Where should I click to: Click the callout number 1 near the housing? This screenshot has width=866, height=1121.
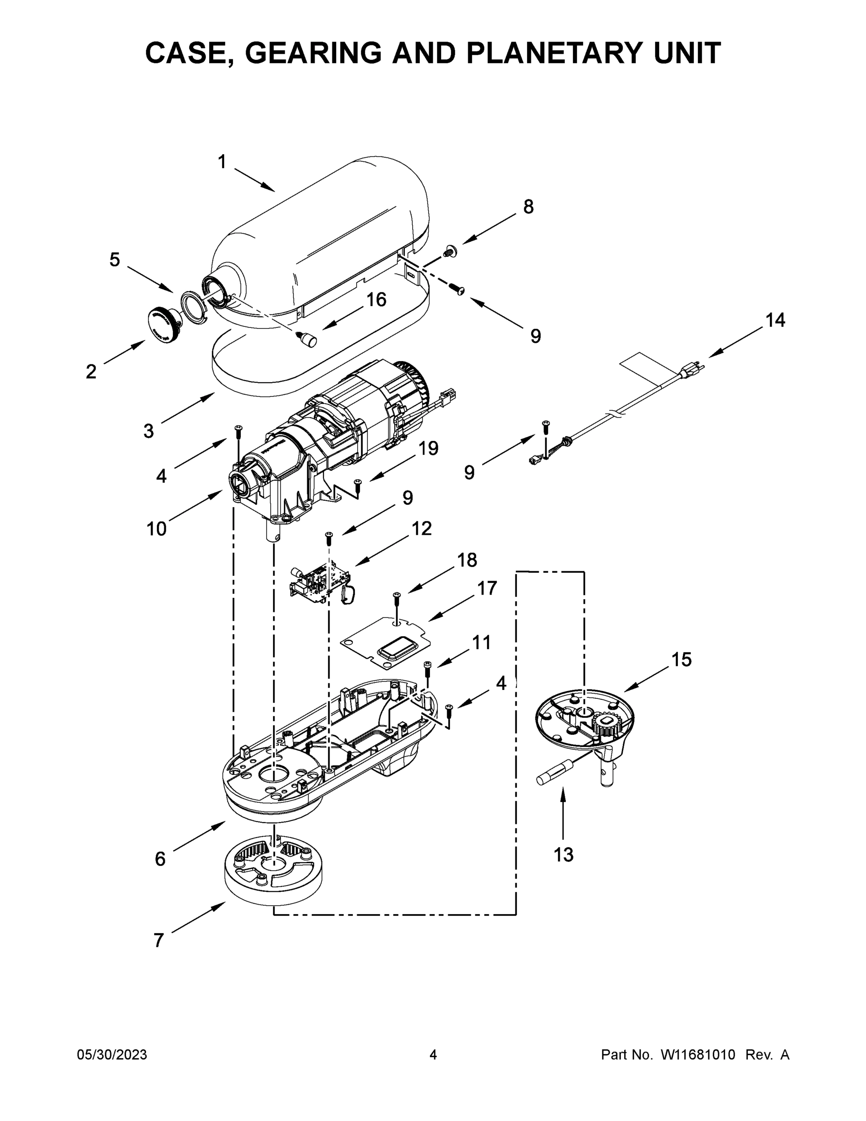click(222, 162)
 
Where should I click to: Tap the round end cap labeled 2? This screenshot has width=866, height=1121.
click(161, 324)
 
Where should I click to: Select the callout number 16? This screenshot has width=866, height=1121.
click(376, 300)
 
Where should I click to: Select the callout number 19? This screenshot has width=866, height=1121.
click(428, 448)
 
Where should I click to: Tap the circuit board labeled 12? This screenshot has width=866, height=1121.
click(319, 581)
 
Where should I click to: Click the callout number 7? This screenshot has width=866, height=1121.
click(159, 940)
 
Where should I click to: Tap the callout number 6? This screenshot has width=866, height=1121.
click(160, 858)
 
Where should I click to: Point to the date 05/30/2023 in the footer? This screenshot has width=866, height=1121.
click(112, 1055)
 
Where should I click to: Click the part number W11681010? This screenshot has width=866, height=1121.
click(698, 1055)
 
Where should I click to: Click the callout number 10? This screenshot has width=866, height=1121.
click(156, 529)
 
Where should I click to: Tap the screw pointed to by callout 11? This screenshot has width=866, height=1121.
click(427, 667)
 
